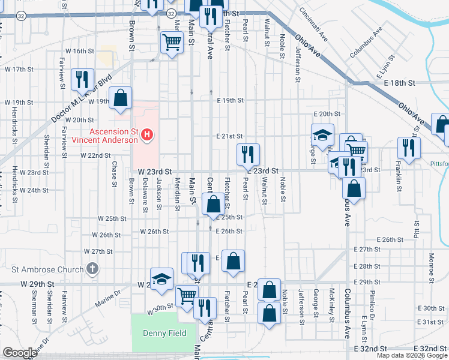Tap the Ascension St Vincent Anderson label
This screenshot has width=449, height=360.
click(106, 136)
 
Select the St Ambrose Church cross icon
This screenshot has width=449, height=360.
click(92, 268)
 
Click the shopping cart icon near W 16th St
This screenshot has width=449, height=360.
click(172, 42)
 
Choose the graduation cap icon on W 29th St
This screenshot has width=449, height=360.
click(161, 279)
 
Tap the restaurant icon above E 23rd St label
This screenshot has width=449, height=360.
click(248, 154)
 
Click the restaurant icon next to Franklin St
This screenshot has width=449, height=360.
click(408, 148)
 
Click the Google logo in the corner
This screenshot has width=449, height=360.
click(19, 353)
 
